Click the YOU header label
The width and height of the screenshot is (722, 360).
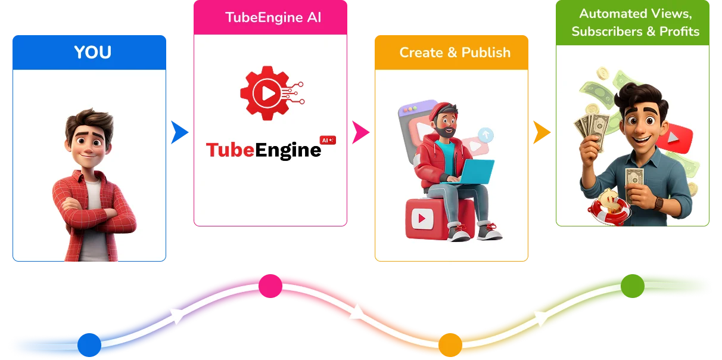(x=92, y=52)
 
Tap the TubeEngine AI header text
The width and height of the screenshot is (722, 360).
(x=273, y=17)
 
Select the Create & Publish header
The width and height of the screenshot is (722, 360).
(x=455, y=52)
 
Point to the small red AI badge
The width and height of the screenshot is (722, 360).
(x=328, y=140)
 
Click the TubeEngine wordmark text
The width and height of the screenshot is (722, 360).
(x=263, y=150)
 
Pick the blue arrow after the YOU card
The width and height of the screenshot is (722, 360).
(x=178, y=132)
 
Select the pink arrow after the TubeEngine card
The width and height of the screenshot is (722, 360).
(x=359, y=132)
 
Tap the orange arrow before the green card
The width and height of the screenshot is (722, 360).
(x=540, y=132)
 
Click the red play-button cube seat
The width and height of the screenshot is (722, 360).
(x=426, y=218)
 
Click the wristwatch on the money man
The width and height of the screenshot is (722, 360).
(x=659, y=203)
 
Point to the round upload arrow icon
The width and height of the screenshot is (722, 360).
(x=486, y=135)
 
